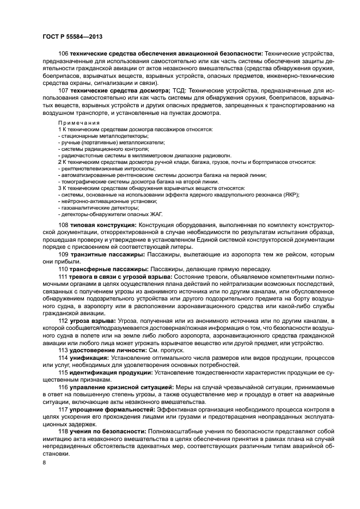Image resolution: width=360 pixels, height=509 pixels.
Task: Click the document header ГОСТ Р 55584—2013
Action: [x=72, y=36]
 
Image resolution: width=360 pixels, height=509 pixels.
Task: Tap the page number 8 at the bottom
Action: [x=44, y=463]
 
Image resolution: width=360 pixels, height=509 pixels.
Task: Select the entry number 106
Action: [x=63, y=53]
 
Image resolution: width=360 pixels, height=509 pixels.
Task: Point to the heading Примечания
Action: [x=76, y=123]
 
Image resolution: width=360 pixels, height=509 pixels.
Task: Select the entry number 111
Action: [x=63, y=277]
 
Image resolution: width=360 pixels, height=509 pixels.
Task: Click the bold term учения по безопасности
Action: [x=107, y=431]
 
